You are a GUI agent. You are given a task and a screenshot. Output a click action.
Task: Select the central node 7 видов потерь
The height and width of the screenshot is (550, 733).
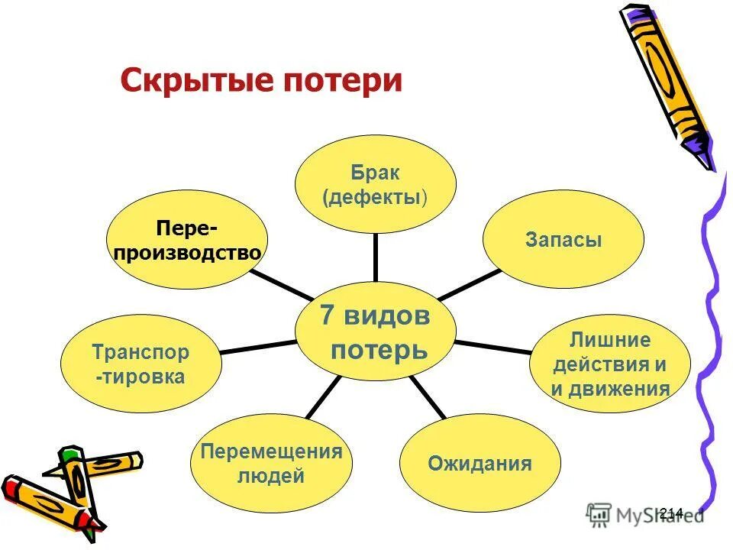coord(375,333)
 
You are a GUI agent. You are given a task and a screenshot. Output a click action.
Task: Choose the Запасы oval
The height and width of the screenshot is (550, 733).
coord(563,240)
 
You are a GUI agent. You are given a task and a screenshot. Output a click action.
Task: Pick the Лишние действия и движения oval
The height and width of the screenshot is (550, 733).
coord(610,365)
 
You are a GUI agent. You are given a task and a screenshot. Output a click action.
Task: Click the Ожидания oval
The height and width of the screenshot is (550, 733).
coord(480,463)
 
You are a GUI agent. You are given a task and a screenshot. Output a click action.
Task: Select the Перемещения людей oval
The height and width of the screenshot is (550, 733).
coord(270,463)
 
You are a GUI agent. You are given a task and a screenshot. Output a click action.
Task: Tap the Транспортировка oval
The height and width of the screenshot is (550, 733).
coord(140,364)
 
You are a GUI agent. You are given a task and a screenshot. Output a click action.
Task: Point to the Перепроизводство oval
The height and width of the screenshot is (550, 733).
coord(186,240)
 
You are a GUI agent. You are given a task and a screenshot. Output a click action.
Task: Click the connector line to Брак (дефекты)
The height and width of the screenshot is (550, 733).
coord(375,257)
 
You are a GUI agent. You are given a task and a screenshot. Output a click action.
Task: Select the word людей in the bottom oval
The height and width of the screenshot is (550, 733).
coord(271,477)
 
